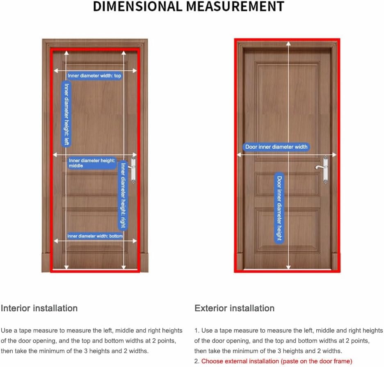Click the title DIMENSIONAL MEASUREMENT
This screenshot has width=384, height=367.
[x=188, y=7]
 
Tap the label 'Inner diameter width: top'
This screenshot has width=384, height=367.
[x=94, y=76]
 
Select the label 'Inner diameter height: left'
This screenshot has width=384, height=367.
[x=66, y=114]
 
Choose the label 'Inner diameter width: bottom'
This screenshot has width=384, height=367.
[x=95, y=236]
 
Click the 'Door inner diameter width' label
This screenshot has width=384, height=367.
[x=276, y=147]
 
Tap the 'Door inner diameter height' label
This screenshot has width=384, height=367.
[x=279, y=208]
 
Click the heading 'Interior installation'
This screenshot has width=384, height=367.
[x=39, y=308]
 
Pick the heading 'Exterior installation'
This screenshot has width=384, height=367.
[x=234, y=308]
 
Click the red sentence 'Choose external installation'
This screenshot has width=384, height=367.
[x=277, y=361]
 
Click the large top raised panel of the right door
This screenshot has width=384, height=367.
[x=287, y=102]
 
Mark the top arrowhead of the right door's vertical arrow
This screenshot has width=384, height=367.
[x=288, y=44]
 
